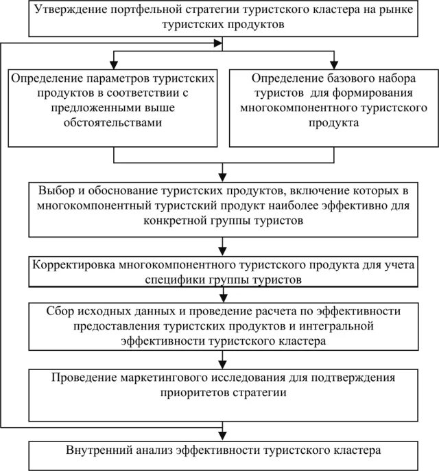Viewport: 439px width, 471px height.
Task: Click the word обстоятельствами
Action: pyautogui.click(x=115, y=123)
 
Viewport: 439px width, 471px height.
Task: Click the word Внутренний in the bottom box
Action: pyautogui.click(x=95, y=450)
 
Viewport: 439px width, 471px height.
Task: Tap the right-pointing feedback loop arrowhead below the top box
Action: pyautogui.click(x=219, y=43)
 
